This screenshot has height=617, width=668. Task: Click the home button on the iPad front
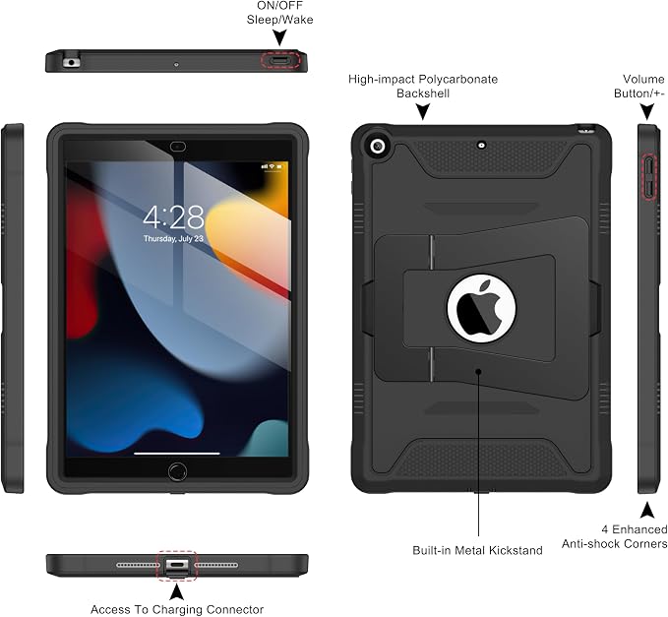(177, 471)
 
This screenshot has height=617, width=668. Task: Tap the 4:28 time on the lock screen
(173, 216)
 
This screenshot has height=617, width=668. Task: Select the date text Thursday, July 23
(173, 238)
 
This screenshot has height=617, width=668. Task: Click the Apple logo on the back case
(479, 308)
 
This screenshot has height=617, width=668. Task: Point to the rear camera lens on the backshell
(378, 147)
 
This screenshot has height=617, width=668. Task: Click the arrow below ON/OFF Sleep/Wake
(279, 37)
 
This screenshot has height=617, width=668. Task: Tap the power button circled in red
(279, 61)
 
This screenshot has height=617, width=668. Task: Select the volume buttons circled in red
(649, 177)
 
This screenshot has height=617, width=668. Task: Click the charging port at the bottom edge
(177, 565)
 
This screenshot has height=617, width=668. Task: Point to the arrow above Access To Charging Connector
(177, 591)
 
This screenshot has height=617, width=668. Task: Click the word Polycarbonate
(457, 80)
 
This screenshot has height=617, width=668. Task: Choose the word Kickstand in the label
(516, 550)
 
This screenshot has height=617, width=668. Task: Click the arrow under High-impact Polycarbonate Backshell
(423, 111)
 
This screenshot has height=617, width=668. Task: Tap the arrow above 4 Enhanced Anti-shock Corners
(647, 510)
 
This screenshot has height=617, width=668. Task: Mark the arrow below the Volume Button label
(647, 111)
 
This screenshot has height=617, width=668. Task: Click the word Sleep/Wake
(280, 20)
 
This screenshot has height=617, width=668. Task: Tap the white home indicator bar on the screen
(177, 454)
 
